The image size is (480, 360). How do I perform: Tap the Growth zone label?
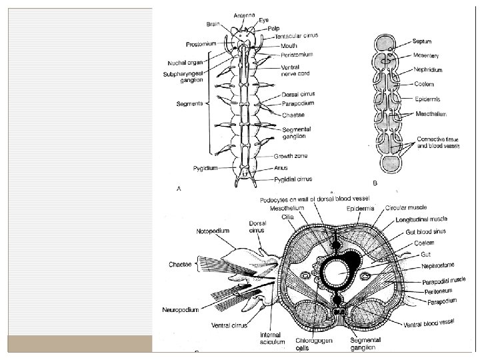click(287, 156)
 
